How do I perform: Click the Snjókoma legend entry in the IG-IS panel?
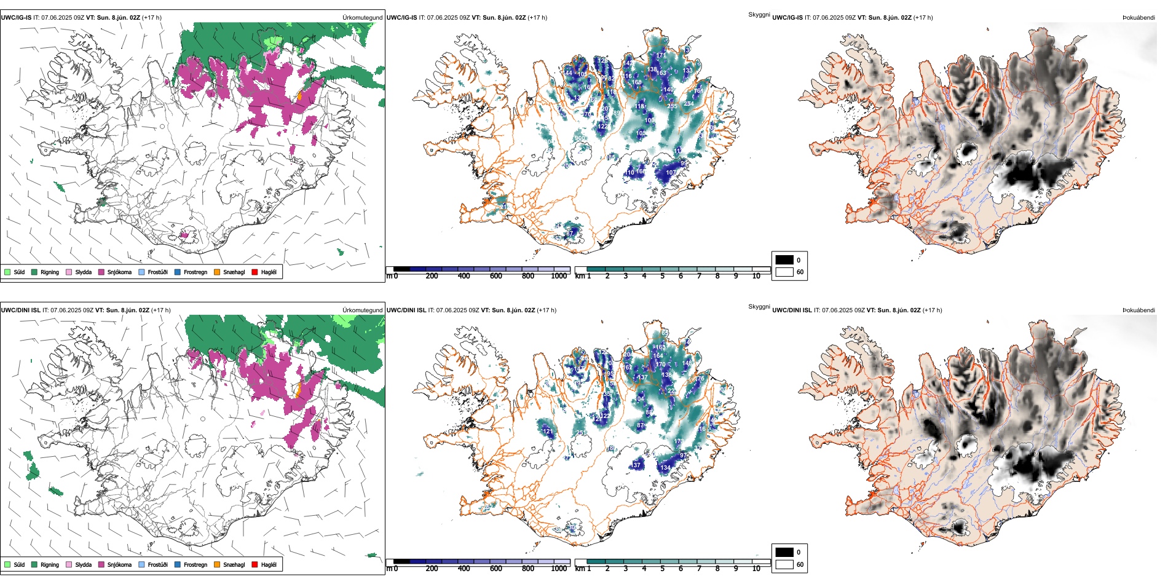(x=119, y=272)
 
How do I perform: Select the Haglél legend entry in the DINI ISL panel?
(x=268, y=565)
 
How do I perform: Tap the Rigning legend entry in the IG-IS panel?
(x=49, y=272)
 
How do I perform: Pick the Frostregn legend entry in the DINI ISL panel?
(x=195, y=565)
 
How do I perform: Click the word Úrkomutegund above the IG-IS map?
(x=362, y=18)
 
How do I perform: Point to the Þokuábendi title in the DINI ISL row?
(x=1138, y=310)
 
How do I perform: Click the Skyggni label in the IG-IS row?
(x=759, y=15)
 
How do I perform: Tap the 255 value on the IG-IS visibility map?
(x=672, y=106)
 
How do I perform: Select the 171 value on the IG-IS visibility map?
(x=661, y=55)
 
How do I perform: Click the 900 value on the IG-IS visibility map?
(x=580, y=139)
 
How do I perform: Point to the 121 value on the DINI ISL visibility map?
(x=548, y=432)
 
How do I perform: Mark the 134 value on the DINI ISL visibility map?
(x=665, y=468)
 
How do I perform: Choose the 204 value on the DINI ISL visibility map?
(x=628, y=355)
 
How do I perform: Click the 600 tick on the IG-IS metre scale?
(x=496, y=276)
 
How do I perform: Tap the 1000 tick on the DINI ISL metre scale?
(x=559, y=569)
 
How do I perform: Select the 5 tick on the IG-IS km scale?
(x=663, y=276)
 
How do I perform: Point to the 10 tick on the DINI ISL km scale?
(x=756, y=569)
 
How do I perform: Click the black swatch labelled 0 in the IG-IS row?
(x=784, y=260)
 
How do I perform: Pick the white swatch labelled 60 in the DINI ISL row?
(x=784, y=564)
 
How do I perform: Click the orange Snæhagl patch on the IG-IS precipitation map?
(x=300, y=97)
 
